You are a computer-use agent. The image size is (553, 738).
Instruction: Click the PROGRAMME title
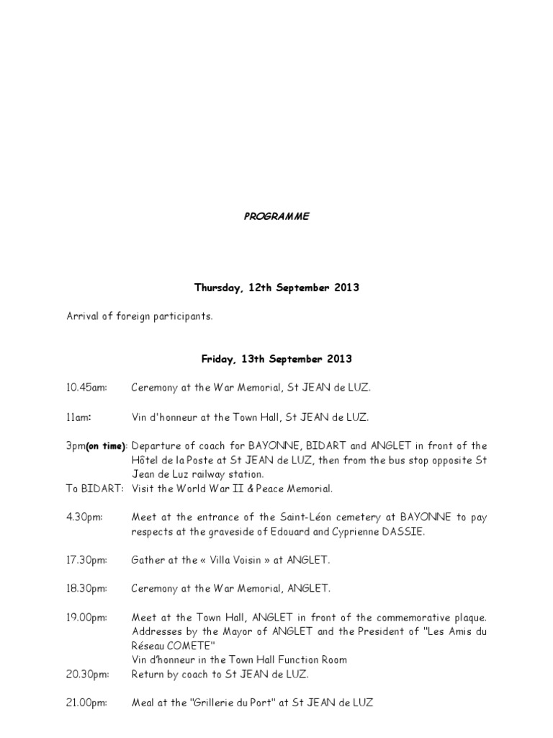276,216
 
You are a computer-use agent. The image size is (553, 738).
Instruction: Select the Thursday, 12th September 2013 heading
276,288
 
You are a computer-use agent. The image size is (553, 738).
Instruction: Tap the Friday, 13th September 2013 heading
276,358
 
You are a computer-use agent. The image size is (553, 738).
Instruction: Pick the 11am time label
78,417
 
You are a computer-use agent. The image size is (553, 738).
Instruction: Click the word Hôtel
145,461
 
